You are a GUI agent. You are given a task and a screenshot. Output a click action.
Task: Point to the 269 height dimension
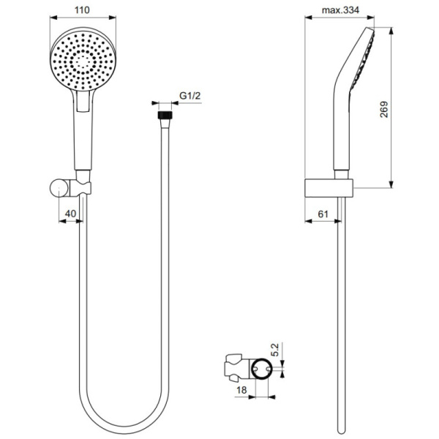click(x=404, y=108)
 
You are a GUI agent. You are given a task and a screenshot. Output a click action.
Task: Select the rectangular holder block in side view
click(x=329, y=188)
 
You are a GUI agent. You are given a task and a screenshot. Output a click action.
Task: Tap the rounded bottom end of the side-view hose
click(x=340, y=428)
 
